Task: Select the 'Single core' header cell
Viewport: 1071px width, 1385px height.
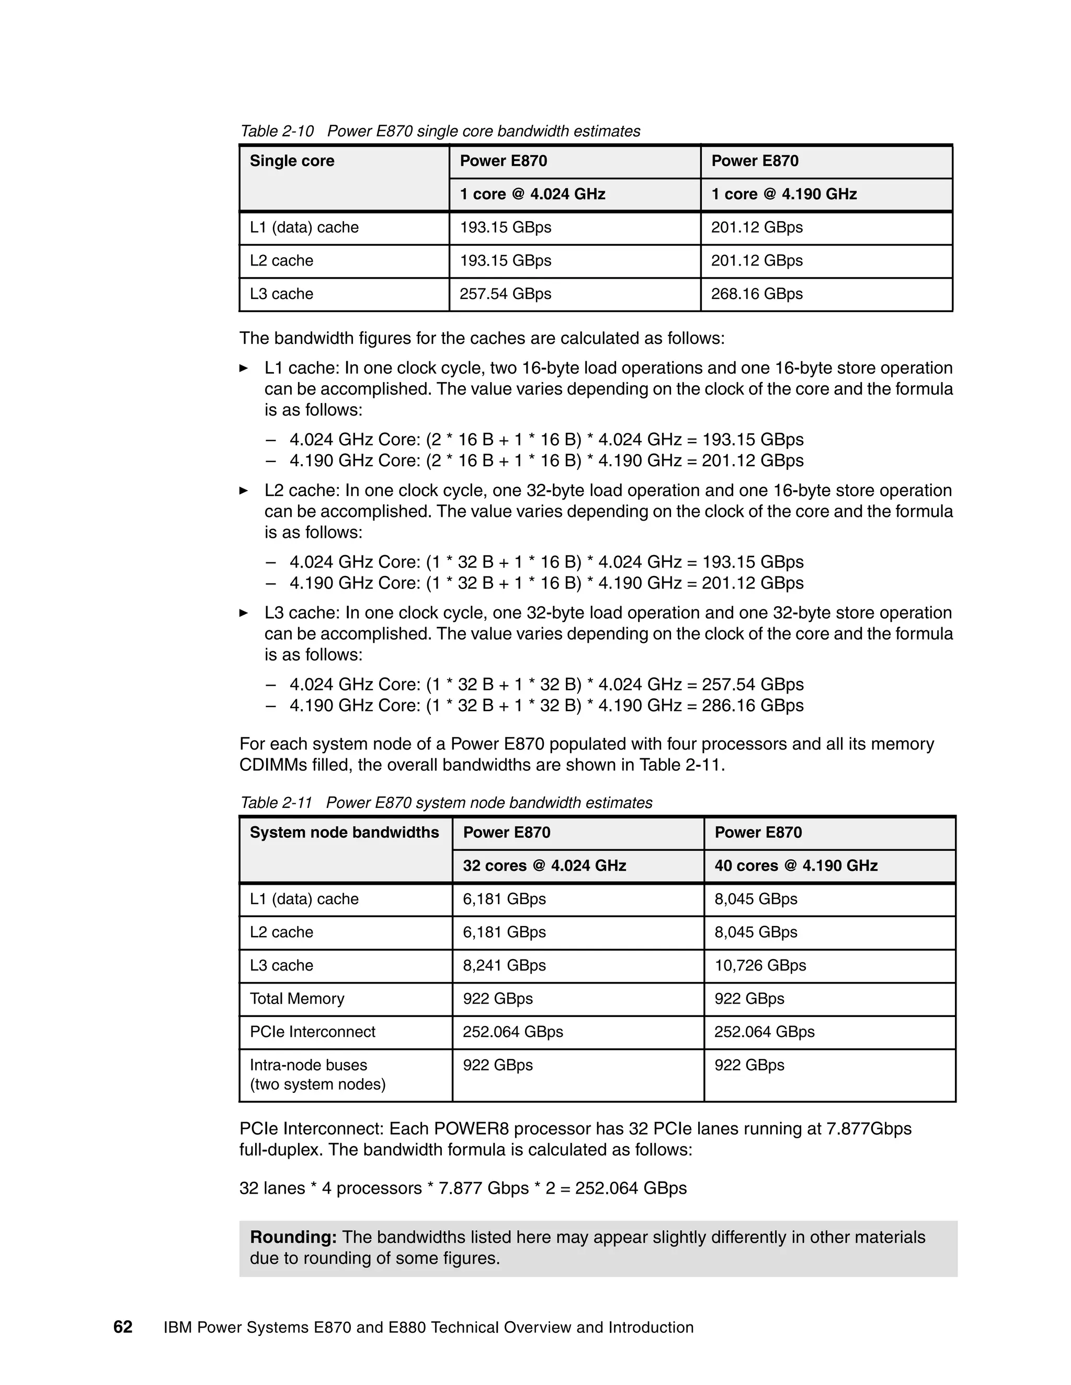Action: (x=292, y=161)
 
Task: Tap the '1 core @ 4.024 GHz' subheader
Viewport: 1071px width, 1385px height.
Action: (x=532, y=194)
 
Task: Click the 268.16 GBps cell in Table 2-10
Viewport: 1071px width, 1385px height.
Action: (x=756, y=294)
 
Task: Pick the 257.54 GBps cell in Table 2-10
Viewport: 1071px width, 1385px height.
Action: (x=505, y=294)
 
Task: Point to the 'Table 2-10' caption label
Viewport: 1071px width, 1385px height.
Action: (x=277, y=131)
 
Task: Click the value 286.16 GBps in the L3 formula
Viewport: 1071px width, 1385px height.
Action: (x=753, y=705)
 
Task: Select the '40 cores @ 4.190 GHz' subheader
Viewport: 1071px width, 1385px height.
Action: (x=795, y=865)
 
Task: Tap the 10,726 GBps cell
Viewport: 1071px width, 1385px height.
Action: (x=760, y=965)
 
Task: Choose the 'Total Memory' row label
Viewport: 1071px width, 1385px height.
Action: (x=297, y=999)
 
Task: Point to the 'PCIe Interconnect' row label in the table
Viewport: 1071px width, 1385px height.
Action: (x=312, y=1032)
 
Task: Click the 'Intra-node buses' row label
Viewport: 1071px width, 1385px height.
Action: (x=309, y=1065)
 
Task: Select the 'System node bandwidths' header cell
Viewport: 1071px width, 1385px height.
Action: (x=344, y=833)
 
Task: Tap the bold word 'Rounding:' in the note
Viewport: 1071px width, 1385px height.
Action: (x=293, y=1237)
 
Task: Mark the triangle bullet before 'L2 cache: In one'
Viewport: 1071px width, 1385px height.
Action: (x=244, y=490)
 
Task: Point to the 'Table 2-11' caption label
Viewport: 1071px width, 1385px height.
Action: (x=276, y=803)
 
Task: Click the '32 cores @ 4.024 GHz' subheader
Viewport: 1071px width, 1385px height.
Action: (x=544, y=865)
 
